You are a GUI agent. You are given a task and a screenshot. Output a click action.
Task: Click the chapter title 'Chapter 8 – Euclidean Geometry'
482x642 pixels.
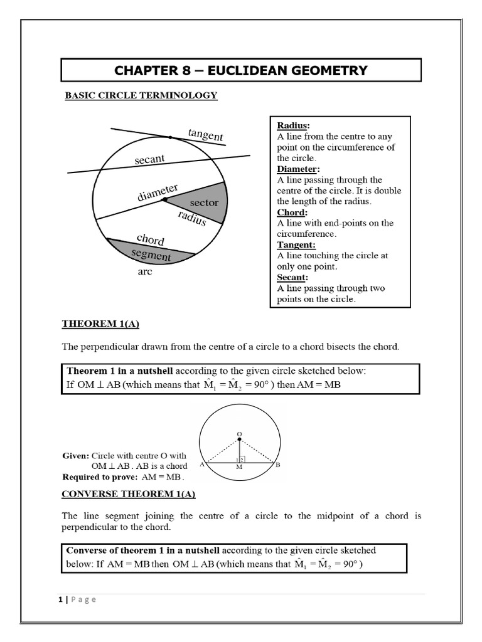240,70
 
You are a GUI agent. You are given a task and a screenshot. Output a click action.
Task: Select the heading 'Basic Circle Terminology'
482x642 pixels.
141,96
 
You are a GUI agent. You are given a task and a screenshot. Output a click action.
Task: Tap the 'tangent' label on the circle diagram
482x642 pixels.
205,134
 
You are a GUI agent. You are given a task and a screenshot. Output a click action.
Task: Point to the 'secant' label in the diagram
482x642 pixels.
149,160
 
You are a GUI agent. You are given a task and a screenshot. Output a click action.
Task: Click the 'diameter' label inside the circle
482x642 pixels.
158,192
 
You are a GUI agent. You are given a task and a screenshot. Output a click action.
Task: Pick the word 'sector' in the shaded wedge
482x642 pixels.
203,203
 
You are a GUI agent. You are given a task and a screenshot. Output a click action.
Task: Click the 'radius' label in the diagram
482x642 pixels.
191,218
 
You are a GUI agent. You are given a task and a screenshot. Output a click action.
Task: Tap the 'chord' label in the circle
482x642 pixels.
150,239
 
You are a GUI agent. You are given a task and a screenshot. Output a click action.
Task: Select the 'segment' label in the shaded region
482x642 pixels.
151,255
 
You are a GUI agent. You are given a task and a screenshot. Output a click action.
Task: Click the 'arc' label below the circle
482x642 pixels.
144,272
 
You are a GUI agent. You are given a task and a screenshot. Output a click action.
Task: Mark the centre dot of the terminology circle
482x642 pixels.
164,200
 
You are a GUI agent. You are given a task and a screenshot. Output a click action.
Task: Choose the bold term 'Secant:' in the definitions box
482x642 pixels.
292,277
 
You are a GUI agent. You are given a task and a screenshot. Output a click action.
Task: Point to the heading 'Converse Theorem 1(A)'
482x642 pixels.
129,494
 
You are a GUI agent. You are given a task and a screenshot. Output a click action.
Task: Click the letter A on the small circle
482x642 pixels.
201,465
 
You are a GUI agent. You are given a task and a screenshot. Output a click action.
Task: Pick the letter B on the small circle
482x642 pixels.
277,465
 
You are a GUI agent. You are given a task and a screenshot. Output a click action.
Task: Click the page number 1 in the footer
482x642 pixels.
60,599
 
